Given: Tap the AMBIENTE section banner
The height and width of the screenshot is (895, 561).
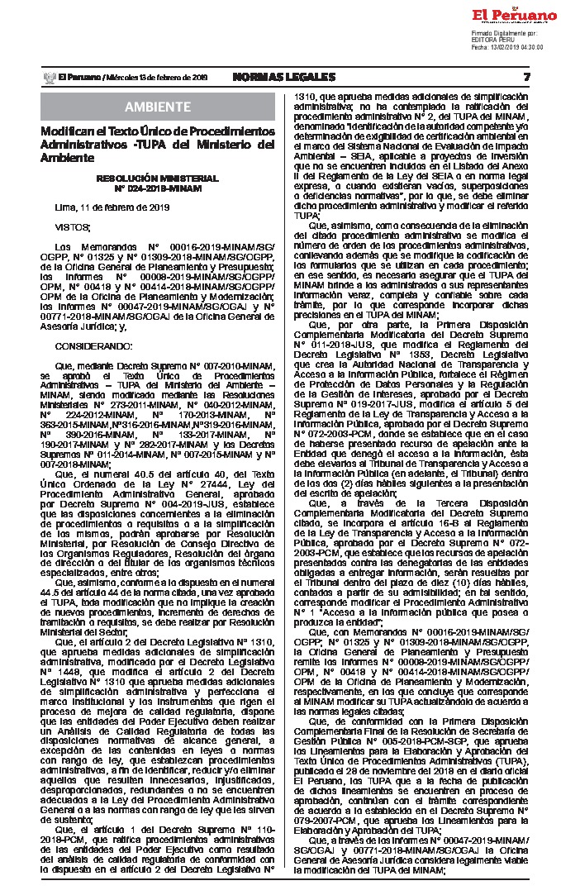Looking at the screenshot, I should (x=157, y=107).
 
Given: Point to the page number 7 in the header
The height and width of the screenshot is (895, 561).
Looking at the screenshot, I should (x=526, y=77).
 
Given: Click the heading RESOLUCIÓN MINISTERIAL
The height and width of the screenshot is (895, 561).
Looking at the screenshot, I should (x=157, y=178).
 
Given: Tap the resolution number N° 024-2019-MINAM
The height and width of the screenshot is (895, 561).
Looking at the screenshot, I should (x=157, y=188).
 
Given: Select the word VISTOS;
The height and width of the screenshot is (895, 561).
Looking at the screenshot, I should (x=73, y=226).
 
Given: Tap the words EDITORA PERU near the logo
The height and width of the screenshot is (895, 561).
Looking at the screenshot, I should (x=493, y=40).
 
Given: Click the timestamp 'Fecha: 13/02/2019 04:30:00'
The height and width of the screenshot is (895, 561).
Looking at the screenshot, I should (x=507, y=47).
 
